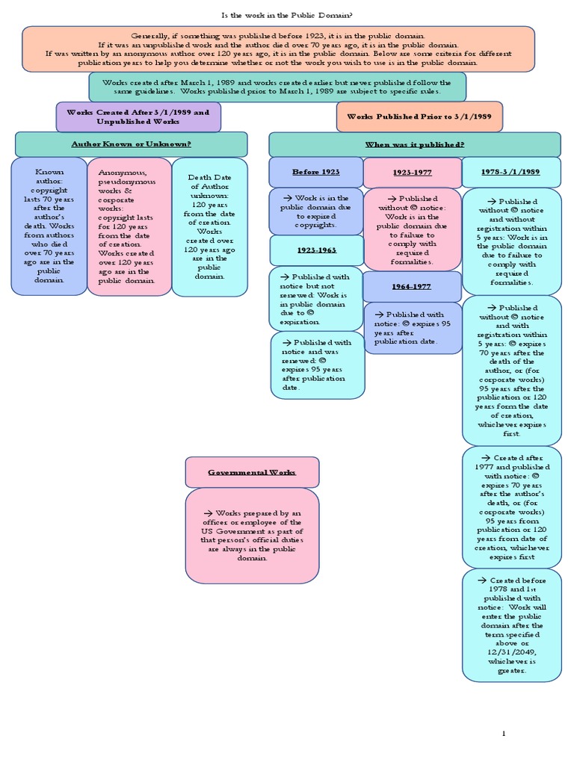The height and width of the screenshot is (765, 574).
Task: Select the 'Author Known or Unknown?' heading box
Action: coord(131,144)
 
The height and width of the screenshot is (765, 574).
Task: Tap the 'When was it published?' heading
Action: coord(414,144)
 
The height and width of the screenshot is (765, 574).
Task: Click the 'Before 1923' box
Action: coord(315,172)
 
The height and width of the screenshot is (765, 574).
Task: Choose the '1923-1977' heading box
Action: coord(412,173)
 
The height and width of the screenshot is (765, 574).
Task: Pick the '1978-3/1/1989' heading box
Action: coord(511,172)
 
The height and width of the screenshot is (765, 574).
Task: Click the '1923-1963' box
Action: coord(315,250)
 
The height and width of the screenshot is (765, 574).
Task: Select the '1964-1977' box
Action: coord(412,286)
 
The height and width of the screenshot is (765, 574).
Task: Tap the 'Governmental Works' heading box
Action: coord(252,472)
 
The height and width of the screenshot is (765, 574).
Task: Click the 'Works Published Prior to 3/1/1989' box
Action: coord(419,117)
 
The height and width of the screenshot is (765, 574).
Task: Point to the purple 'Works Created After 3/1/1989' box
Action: coord(138,117)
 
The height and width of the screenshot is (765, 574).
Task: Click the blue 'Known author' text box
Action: coord(49,226)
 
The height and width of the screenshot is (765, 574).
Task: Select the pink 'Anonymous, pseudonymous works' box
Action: coord(129,226)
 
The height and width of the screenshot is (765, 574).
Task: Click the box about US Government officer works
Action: coord(252,536)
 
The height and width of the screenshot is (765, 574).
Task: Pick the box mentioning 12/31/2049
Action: coord(511,625)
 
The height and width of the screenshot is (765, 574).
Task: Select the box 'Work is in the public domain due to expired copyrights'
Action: coord(315,211)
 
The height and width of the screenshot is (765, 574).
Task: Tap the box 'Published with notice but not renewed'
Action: coord(315,297)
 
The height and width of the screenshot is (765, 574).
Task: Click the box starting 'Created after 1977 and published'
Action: coord(511,506)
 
